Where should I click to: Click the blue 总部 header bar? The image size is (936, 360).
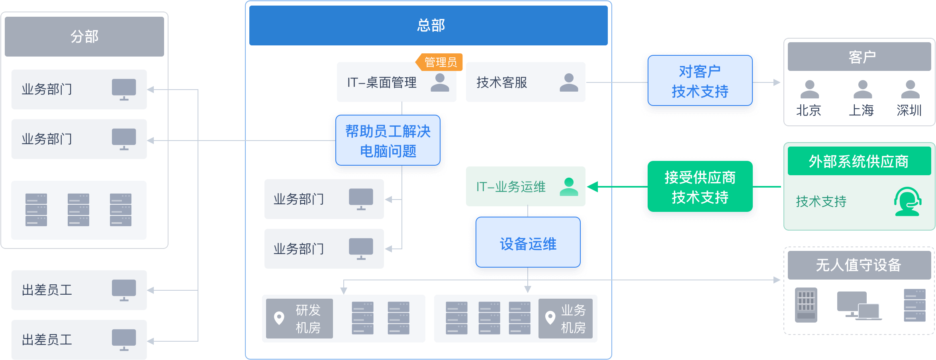pos(428,25)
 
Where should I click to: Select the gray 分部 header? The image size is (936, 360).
pos(84,37)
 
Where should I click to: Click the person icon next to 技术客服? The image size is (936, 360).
pos(569,82)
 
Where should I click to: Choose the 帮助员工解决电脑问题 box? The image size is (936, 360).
pos(388,141)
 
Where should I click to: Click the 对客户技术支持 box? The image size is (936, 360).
pos(700,81)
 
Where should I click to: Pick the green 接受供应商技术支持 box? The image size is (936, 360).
pos(700,186)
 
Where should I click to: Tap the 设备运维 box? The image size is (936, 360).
pos(528,242)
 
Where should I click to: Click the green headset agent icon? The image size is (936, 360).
pos(908,202)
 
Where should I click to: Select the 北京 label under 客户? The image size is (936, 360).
pos(809,110)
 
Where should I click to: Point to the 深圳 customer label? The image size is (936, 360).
pos(909,110)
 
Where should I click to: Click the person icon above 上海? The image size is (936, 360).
pos(863,89)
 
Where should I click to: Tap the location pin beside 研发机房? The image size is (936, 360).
pos(279,318)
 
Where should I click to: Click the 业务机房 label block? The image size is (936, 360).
pos(566,319)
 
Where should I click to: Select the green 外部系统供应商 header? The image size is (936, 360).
pos(860,161)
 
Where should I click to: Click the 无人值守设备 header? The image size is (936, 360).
pos(860,265)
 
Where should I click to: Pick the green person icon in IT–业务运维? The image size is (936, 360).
pos(569,187)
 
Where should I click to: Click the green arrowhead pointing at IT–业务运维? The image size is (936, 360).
pos(593,186)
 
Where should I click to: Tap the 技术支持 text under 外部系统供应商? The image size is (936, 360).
pos(821,202)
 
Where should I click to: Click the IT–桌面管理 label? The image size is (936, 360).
pos(382,82)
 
